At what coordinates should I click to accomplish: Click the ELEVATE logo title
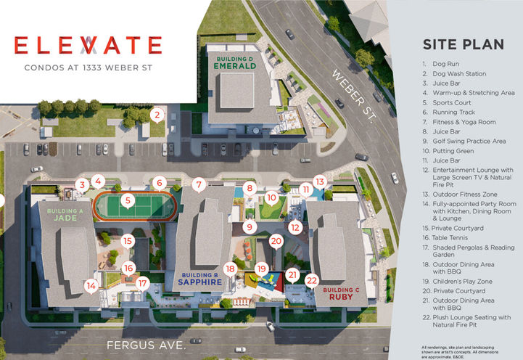(87, 45)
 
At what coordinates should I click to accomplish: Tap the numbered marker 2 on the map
(156, 115)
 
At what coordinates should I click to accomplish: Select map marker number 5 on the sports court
(127, 200)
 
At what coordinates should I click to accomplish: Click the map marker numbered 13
(320, 181)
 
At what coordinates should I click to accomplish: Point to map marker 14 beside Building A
(91, 285)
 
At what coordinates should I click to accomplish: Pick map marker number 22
(313, 279)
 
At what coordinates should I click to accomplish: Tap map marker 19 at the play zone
(261, 269)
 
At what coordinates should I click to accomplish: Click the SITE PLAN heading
(463, 44)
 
